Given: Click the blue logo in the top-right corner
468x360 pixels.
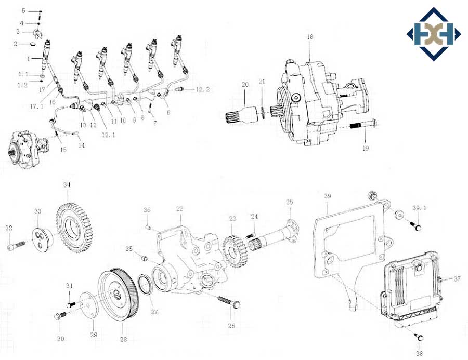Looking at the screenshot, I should pyautogui.click(x=433, y=34).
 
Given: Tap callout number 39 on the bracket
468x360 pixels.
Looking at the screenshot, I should pyautogui.click(x=328, y=196).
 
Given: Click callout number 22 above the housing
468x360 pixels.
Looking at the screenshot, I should pyautogui.click(x=179, y=209).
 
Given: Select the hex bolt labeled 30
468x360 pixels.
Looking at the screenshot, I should pyautogui.click(x=60, y=315).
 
